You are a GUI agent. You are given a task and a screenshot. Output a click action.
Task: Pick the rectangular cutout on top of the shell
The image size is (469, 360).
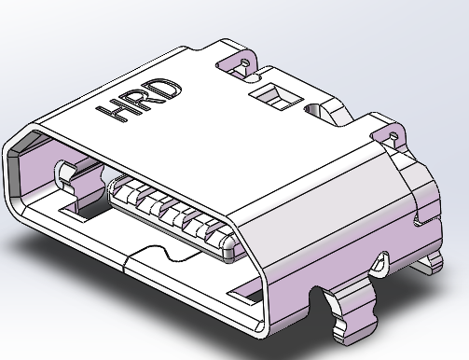click(275, 94)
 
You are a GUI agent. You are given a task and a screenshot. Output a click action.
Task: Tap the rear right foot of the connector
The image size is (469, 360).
click(431, 265)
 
